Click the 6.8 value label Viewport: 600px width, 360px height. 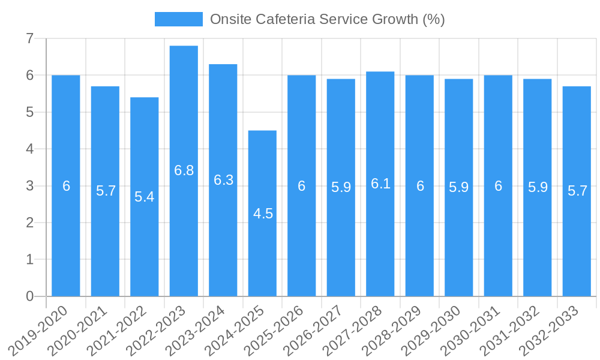[x=184, y=170]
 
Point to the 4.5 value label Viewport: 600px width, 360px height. [x=263, y=214]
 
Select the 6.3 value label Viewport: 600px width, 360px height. [x=223, y=180]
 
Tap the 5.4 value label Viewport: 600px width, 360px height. [x=145, y=197]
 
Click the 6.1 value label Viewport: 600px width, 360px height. [x=380, y=184]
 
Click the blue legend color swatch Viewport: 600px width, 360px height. [x=178, y=19]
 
